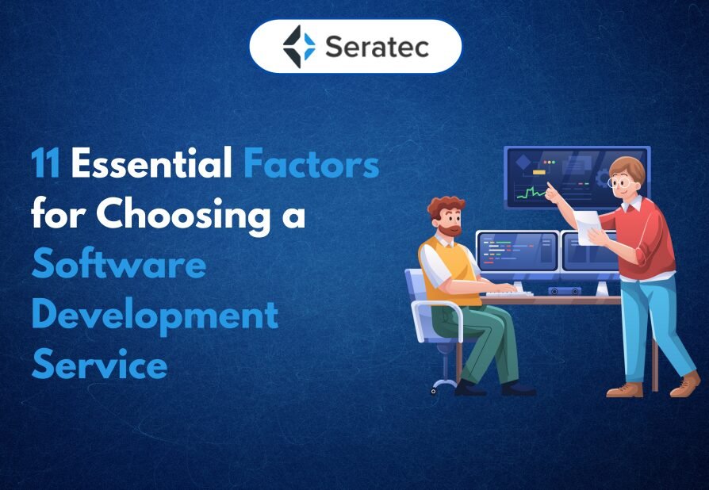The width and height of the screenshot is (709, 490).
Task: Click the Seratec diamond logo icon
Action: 299,47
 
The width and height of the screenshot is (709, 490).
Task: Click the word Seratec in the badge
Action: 377,47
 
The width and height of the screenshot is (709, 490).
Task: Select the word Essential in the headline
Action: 151,163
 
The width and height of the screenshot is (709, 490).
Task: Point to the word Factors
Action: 311,163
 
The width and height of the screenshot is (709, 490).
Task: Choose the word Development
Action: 155,316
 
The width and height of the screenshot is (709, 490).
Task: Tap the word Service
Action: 99,365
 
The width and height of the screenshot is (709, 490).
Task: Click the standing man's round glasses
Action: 619,182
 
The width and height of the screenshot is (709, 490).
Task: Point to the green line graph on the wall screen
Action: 531,193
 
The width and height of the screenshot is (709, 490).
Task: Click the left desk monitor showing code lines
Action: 518,251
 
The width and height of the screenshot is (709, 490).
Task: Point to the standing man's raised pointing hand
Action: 551,192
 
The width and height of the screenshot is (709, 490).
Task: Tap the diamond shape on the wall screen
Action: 523,163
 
